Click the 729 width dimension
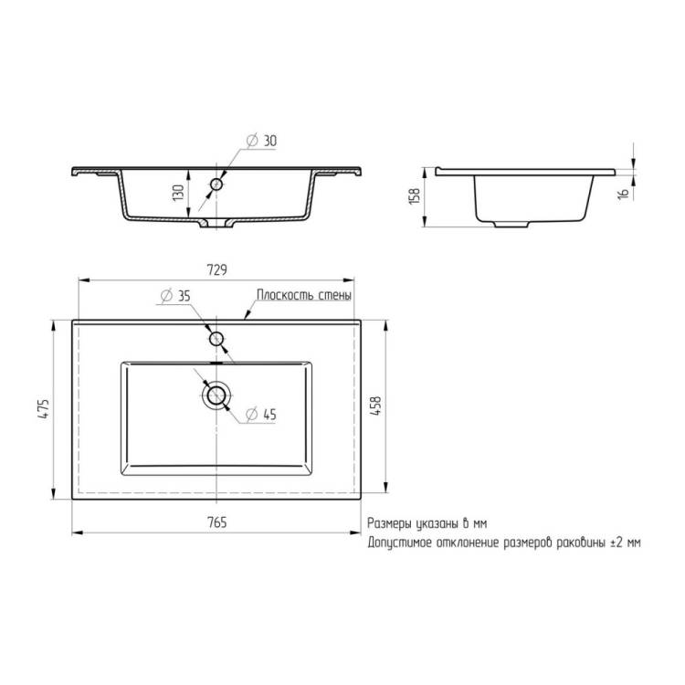[x=216, y=270]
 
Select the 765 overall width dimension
[x=216, y=522]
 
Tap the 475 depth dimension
[x=44, y=409]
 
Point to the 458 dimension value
[x=375, y=406]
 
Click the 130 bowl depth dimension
[x=178, y=193]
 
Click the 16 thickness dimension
[x=624, y=193]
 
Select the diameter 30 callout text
[x=262, y=141]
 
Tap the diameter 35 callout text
[x=175, y=296]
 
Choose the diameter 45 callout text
[x=261, y=414]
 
